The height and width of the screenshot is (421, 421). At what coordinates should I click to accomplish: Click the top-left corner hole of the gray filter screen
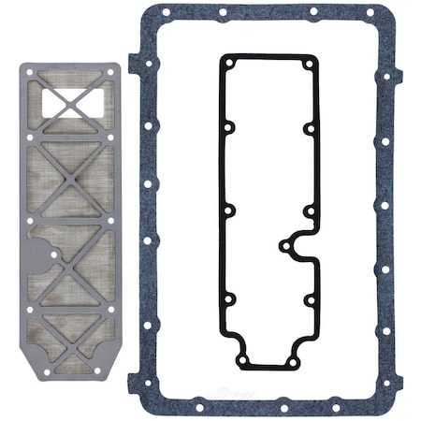coord(31,72)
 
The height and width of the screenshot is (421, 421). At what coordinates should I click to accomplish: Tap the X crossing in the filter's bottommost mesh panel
coord(71,337)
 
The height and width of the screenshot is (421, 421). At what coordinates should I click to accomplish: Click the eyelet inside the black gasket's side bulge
coord(285,246)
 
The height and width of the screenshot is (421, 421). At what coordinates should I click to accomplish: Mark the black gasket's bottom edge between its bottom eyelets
coord(268,368)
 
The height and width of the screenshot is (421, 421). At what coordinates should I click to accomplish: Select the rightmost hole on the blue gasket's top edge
coord(370,13)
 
